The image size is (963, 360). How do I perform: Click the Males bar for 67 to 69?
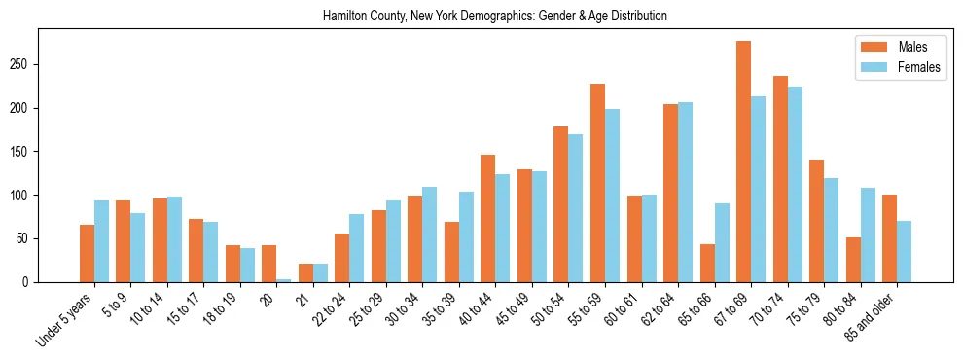(x=743, y=162)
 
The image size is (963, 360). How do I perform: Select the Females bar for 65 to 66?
(x=722, y=242)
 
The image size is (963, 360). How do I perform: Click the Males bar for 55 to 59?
(x=597, y=183)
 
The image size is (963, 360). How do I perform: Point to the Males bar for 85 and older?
(x=889, y=238)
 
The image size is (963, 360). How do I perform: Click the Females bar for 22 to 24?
(x=357, y=248)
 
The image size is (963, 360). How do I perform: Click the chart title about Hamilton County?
(x=494, y=17)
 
